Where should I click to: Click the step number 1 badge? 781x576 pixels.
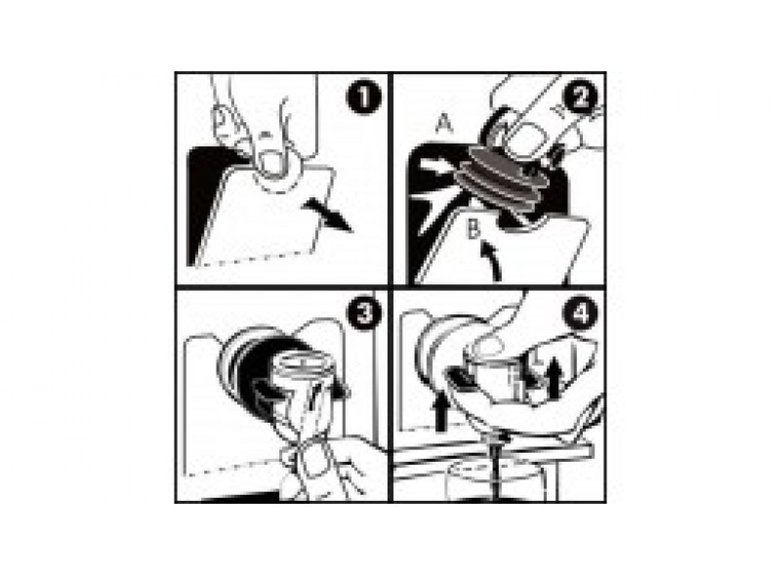363,99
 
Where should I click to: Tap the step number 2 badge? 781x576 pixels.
579,99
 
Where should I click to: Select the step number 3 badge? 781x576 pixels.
365,313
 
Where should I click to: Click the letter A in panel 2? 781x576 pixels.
444,125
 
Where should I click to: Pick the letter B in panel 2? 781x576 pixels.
473,229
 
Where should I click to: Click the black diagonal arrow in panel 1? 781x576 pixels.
328,214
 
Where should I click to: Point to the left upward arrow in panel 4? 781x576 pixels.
439,410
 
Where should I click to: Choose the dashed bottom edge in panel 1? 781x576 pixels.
254,259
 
